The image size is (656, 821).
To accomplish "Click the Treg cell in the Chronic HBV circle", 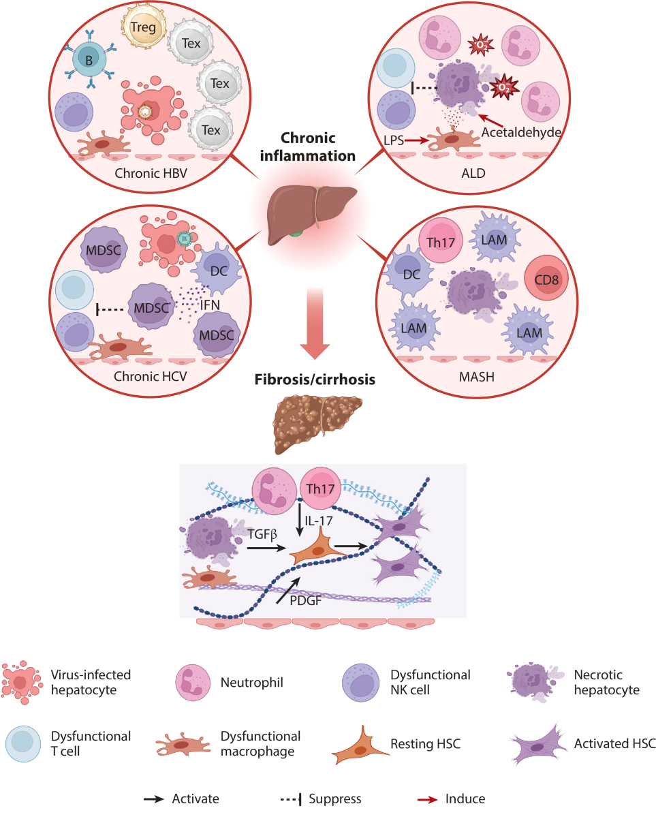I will (x=143, y=27).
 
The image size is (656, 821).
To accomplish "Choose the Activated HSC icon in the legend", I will (x=538, y=745).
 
